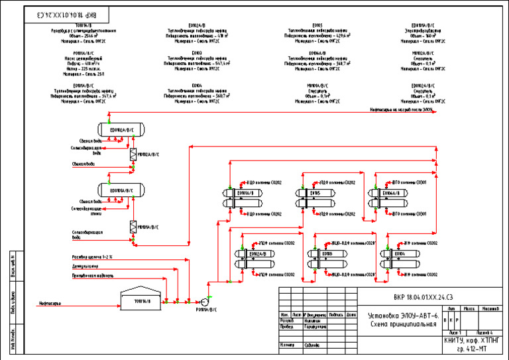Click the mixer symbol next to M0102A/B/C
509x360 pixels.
pos(133,154)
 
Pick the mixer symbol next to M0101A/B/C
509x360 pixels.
pos(133,227)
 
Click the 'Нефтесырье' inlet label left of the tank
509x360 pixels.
pos(50,304)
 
